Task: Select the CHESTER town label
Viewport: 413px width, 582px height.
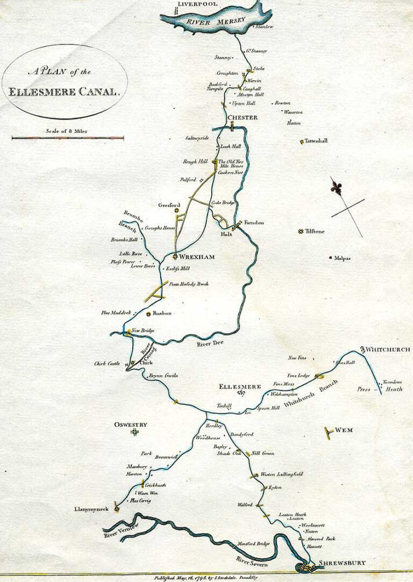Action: (x=243, y=117)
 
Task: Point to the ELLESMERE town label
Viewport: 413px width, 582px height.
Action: (x=240, y=387)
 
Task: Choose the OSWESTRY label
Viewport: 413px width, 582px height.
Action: (x=131, y=425)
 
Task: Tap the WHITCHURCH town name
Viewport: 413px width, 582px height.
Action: (x=387, y=349)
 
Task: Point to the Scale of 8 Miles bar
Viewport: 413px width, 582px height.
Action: (x=68, y=138)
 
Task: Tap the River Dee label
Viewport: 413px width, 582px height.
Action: (x=196, y=343)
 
